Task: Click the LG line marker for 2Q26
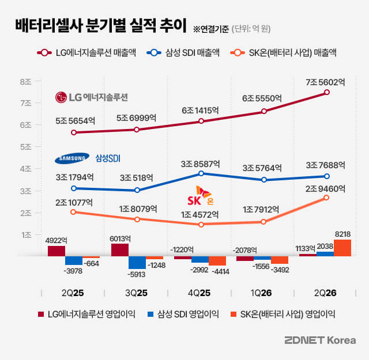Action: tap(327, 92)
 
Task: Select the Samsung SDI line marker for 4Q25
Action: tap(201, 173)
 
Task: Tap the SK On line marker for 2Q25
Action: tap(73, 212)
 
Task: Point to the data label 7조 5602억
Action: tap(325, 82)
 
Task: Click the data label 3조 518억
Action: tap(137, 178)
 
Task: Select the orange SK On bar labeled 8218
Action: tap(342, 248)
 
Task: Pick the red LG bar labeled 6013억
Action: tap(120, 250)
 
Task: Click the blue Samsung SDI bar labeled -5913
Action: tap(137, 263)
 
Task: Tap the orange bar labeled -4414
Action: tap(217, 261)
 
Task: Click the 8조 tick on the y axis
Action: tap(25, 82)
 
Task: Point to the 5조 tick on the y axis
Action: tap(25, 147)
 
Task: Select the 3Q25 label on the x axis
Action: tap(136, 293)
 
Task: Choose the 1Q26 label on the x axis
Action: tap(261, 293)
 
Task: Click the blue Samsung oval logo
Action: tap(72, 158)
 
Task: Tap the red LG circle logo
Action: tap(61, 97)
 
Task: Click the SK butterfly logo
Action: tap(203, 192)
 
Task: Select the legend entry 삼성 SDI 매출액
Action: tap(183, 52)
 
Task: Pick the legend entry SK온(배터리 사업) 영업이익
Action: tap(283, 314)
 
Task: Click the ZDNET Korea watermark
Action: tap(320, 340)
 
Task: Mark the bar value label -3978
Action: tap(73, 271)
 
